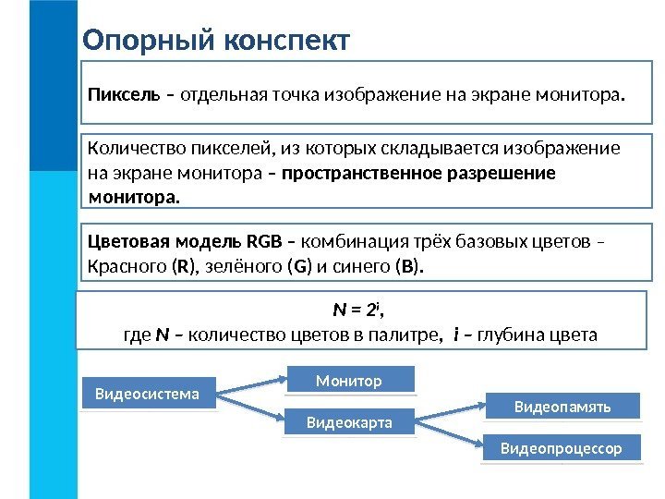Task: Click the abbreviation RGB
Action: pos(264,243)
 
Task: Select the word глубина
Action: pos(521,335)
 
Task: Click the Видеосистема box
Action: pos(148,394)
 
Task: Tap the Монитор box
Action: pos(348,380)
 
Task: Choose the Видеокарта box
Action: pos(348,422)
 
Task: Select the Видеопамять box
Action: pos(562,406)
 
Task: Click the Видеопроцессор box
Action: pos(562,448)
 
